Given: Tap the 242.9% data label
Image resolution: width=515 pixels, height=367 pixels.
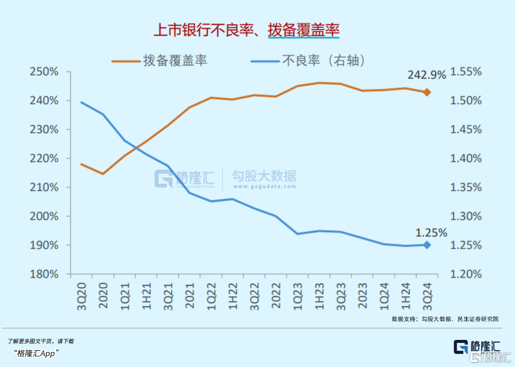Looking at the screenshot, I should tap(426, 75).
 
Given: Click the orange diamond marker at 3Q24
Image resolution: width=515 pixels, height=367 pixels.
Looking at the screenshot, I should tap(427, 92).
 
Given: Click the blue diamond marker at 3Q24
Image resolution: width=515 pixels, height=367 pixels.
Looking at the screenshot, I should tap(427, 245).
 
